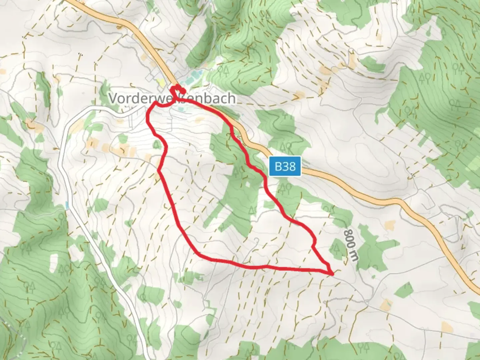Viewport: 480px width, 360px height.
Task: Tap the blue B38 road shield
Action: pos(285,166)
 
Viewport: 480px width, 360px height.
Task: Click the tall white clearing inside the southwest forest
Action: pos(54,263)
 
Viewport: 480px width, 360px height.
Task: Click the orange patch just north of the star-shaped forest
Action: pos(388,225)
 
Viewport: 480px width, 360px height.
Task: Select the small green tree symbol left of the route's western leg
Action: pos(156,145)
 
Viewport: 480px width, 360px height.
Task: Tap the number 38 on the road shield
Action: pos(290,166)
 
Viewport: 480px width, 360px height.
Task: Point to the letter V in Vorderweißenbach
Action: pos(113,98)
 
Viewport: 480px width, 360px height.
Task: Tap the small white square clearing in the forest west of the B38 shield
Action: pos(248,184)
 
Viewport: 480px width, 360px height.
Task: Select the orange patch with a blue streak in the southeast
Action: pos(387,304)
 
